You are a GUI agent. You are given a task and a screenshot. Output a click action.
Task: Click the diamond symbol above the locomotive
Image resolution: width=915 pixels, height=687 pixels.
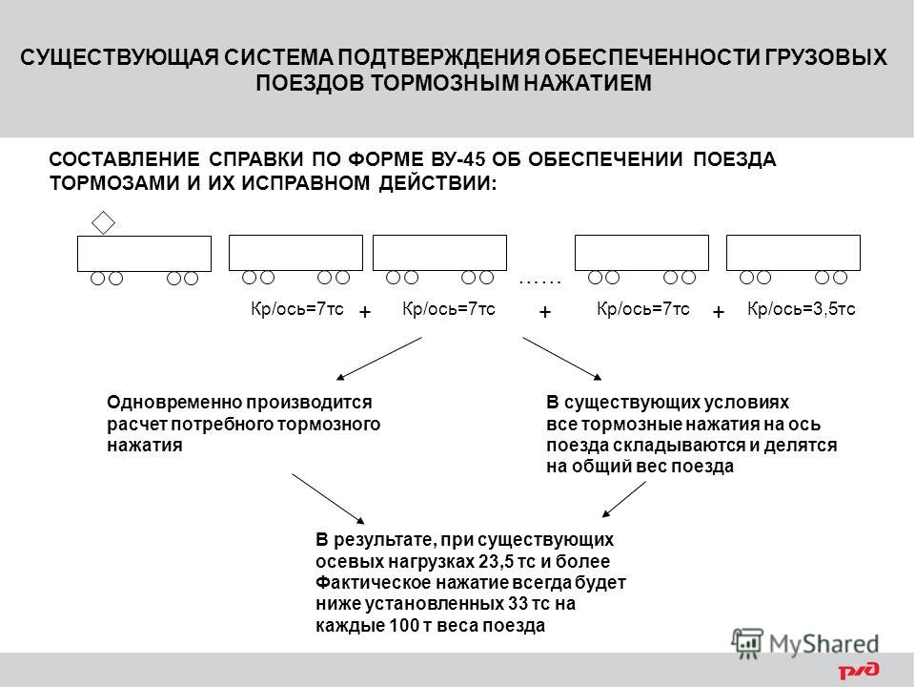point(103,222)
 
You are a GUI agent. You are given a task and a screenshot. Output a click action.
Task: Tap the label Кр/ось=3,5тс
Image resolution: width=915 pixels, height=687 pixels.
point(802,309)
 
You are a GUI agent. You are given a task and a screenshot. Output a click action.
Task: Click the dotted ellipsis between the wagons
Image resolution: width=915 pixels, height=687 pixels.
point(539,282)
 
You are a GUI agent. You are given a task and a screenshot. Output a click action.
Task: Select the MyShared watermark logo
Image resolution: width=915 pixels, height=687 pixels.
point(804,644)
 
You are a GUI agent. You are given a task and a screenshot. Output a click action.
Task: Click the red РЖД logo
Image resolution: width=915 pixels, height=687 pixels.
point(859,671)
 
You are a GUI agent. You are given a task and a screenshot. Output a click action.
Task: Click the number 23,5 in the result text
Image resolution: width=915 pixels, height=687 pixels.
point(493,561)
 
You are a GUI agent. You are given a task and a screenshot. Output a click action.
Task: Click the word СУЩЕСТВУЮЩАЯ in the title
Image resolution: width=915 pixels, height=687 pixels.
point(119,58)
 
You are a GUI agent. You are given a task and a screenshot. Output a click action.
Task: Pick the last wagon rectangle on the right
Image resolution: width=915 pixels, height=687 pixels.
point(793,252)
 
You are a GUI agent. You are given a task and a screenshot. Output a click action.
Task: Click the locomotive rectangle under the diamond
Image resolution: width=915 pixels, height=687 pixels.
point(144,254)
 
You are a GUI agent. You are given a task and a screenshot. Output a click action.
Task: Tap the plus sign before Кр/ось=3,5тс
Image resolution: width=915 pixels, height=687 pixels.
point(719,312)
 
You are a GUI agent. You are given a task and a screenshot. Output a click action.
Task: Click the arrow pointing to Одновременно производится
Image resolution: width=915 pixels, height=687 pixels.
point(378,359)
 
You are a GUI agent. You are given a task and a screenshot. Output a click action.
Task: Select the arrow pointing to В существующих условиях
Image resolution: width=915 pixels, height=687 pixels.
point(562,359)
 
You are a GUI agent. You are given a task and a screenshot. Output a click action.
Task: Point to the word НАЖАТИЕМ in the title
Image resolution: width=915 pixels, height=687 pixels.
point(587,83)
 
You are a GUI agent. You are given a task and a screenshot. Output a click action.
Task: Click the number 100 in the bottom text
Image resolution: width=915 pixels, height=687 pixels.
point(404,625)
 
